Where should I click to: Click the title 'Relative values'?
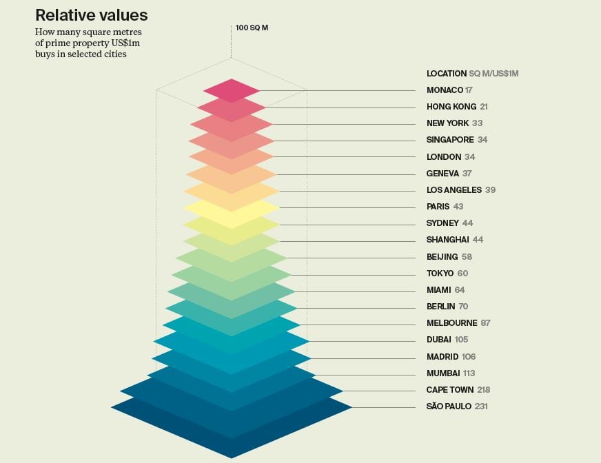91,15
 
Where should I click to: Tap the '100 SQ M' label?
251,28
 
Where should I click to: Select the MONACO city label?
445,90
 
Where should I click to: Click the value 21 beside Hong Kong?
484,107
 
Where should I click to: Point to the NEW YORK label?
447,123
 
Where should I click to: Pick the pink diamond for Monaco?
232,90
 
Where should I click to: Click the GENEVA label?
442,174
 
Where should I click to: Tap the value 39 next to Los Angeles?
490,190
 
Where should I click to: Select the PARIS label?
438,207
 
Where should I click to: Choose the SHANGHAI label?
447,240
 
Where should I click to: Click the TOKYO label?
440,274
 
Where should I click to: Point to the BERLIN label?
440,307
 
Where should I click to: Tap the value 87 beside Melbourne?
486,323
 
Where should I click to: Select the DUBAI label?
439,340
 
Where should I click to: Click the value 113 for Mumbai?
469,373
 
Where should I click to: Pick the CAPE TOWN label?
449,390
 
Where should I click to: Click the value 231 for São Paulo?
481,407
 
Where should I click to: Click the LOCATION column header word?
447,74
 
